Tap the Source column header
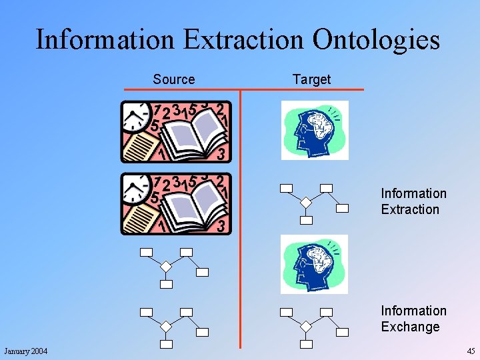tap(174, 79)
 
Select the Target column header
tap(311, 79)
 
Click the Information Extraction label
tap(413, 201)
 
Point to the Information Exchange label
tap(413, 319)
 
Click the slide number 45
tap(471, 351)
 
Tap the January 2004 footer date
tap(26, 351)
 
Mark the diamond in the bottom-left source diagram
tap(166, 327)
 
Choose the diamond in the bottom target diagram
tap(305, 327)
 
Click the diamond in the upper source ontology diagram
tap(166, 267)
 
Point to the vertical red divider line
tap(240, 220)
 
